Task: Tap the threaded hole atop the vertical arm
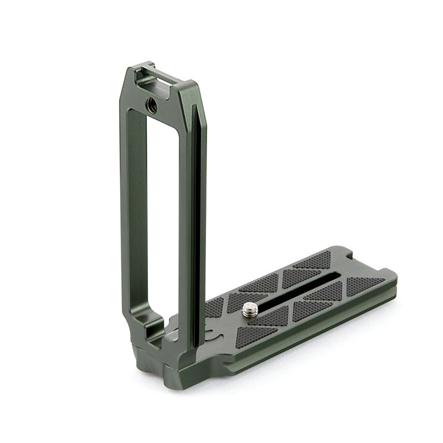coord(151,103)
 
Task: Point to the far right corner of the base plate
coord(394,274)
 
